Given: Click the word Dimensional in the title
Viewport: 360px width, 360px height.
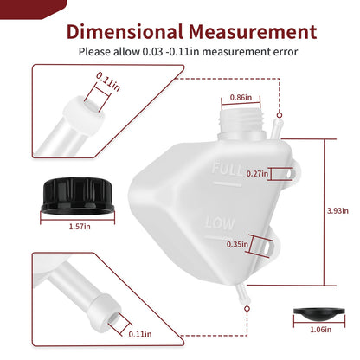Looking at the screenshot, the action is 125,32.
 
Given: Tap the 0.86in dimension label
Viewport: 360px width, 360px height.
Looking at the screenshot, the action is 241,98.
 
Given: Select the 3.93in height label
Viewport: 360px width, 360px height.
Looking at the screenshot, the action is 337,211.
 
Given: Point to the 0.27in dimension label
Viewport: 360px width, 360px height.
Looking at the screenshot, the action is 257,174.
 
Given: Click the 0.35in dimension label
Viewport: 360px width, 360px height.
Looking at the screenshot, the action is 237,245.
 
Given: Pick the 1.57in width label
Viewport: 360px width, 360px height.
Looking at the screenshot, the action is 80,227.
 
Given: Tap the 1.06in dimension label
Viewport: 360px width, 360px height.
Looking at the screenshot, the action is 320,330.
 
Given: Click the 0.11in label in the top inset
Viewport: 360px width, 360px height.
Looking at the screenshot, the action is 108,81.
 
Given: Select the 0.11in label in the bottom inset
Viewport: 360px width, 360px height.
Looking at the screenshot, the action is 140,334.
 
